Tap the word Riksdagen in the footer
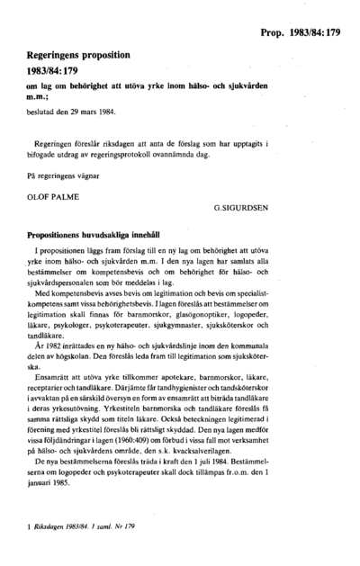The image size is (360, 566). tap(49, 538)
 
